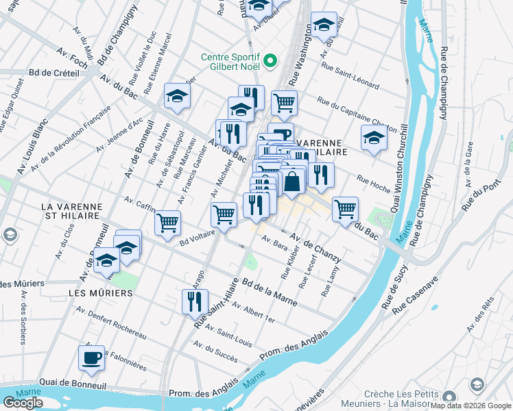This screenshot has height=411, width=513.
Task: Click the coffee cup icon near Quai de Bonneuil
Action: coord(91,357)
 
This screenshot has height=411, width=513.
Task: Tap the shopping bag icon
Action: coord(292,182)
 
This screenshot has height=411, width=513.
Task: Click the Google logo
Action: coord(23,403)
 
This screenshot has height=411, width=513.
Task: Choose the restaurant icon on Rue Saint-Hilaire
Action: coord(195,300)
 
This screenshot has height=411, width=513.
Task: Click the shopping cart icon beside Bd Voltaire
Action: coord(167,222)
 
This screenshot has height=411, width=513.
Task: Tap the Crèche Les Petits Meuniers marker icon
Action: coord(449,397)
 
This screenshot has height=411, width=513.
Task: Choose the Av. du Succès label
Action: coord(215,353)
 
